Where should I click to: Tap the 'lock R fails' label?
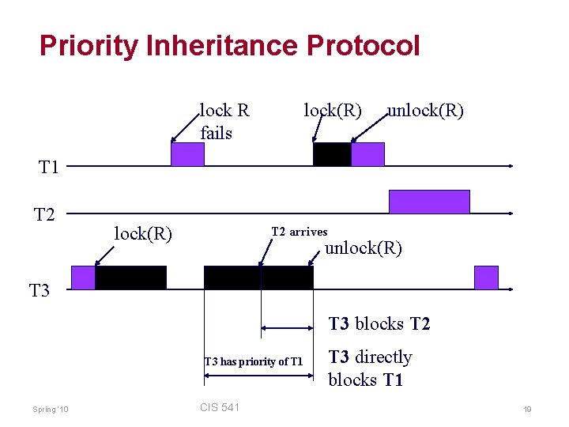click(x=224, y=121)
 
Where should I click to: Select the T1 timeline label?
click(x=49, y=166)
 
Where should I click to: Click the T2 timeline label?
click(x=44, y=213)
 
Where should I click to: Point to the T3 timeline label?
click(x=40, y=291)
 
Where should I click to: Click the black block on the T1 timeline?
click(x=332, y=154)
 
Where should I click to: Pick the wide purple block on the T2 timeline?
click(x=429, y=202)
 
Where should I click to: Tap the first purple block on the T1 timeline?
click(x=187, y=154)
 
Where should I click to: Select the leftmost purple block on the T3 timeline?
click(x=83, y=278)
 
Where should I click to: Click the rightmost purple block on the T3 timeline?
click(x=486, y=278)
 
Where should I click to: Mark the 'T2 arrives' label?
click(x=299, y=232)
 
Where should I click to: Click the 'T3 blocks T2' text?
click(x=379, y=323)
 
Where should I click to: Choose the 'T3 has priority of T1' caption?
click(x=253, y=361)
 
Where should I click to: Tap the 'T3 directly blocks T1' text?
click(x=370, y=368)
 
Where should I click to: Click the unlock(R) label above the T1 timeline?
click(x=425, y=111)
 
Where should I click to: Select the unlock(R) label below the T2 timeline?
click(x=364, y=248)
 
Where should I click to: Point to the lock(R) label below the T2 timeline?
click(x=143, y=233)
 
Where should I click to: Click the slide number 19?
click(x=527, y=409)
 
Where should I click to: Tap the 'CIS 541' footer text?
click(x=220, y=407)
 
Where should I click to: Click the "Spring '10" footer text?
click(x=51, y=409)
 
